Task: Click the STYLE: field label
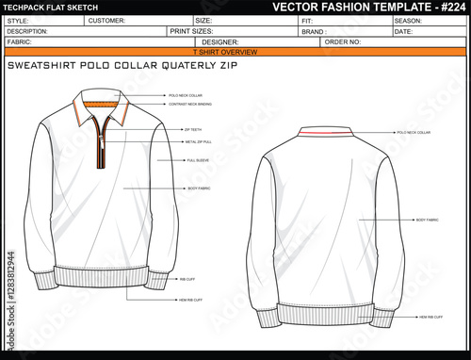[x=16, y=20]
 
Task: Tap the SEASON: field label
[x=409, y=20]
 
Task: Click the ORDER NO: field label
[x=341, y=42]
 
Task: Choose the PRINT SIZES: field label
[x=190, y=31]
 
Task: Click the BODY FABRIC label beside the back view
[x=427, y=220]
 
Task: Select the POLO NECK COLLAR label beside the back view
[x=414, y=134]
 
